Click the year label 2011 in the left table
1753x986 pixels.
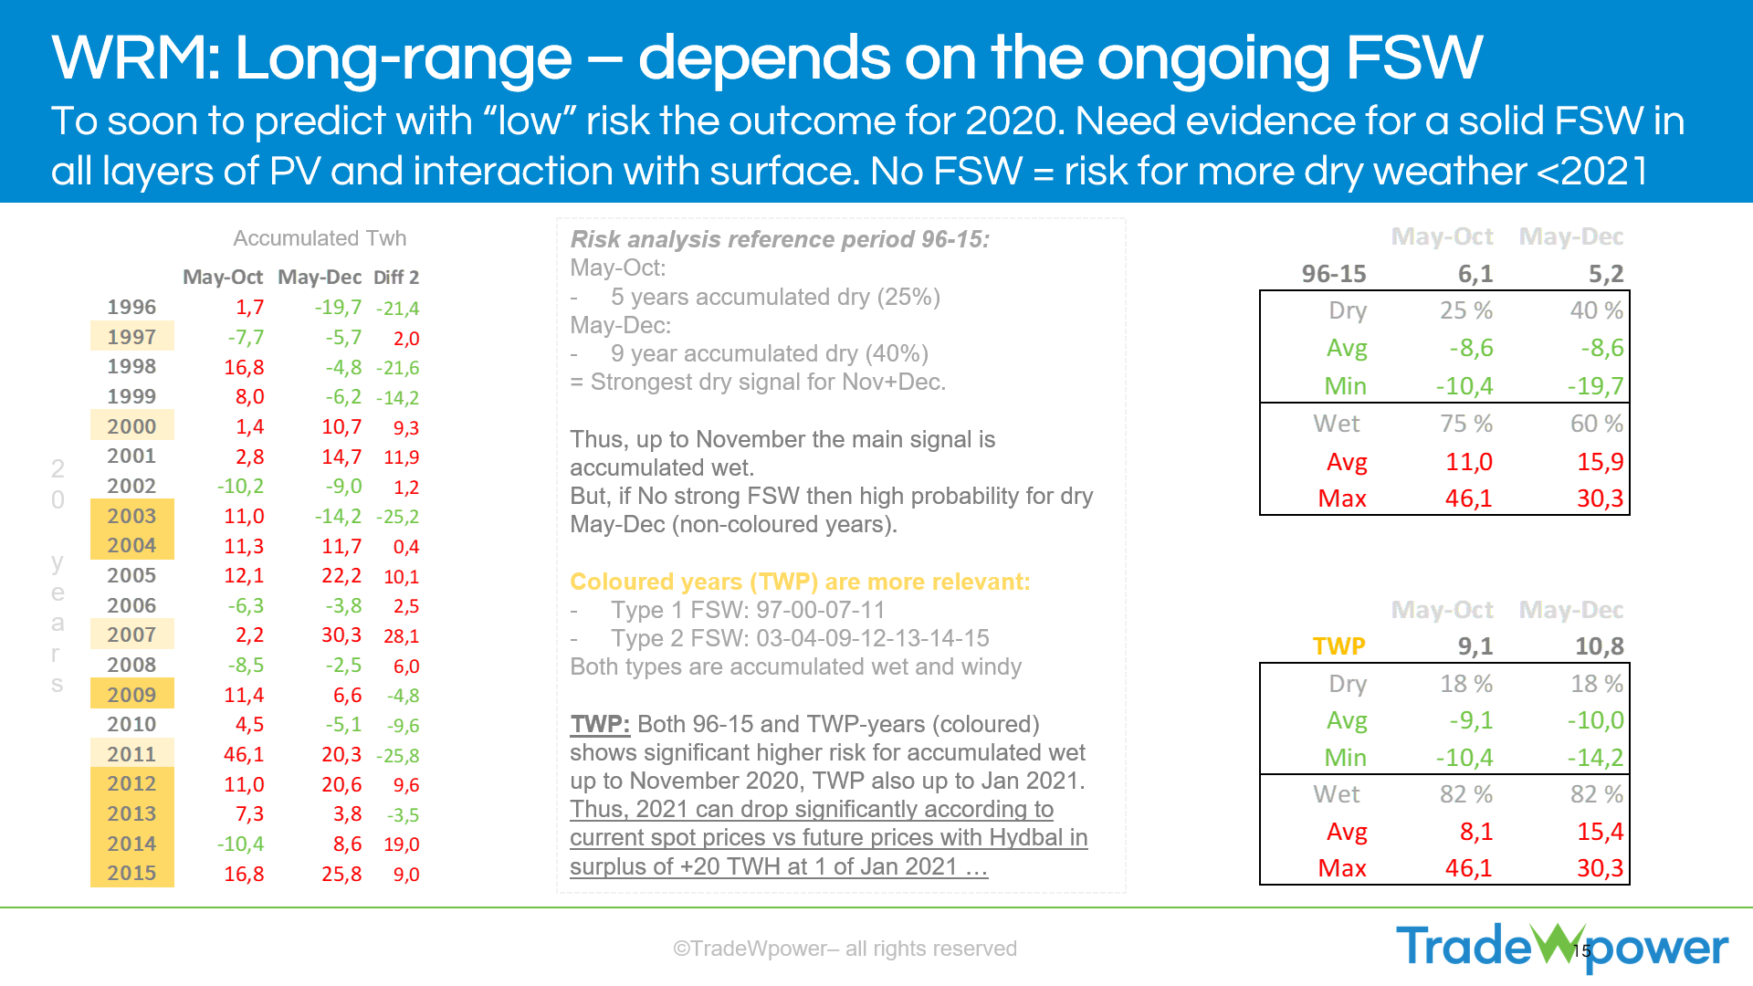pos(131,754)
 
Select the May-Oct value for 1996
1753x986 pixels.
pos(249,308)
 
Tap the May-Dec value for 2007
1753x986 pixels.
pos(341,635)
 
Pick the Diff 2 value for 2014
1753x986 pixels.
pos(402,844)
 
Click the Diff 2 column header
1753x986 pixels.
pos(396,278)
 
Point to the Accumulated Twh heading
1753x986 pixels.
pos(320,238)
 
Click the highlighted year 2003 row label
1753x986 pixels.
pos(131,516)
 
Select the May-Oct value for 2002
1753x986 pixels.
pos(241,487)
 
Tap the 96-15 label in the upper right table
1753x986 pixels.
pos(1334,274)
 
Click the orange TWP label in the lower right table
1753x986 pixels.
pos(1339,646)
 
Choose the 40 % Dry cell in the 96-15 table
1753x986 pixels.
pos(1596,310)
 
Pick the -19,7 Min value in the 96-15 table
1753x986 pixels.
pos(1595,386)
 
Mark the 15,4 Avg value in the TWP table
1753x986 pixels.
pos(1600,832)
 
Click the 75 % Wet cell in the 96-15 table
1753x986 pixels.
pos(1466,424)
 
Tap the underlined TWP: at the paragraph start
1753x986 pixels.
pos(600,725)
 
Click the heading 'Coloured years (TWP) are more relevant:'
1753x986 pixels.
pos(800,582)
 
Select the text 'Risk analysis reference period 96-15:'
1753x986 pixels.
pos(780,239)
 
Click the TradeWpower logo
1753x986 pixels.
pos(1562,946)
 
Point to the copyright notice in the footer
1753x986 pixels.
pos(845,949)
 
